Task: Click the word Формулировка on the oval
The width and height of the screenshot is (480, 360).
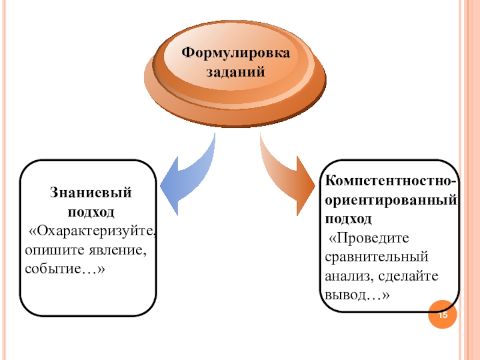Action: pos(236,53)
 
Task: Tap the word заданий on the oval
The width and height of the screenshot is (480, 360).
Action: pos(236,72)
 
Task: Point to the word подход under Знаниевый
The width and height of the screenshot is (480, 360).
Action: pos(90,212)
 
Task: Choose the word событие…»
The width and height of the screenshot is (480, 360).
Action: pos(65,266)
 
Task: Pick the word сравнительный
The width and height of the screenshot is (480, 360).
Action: pos(376,257)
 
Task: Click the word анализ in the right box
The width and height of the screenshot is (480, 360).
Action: pos(344,276)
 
